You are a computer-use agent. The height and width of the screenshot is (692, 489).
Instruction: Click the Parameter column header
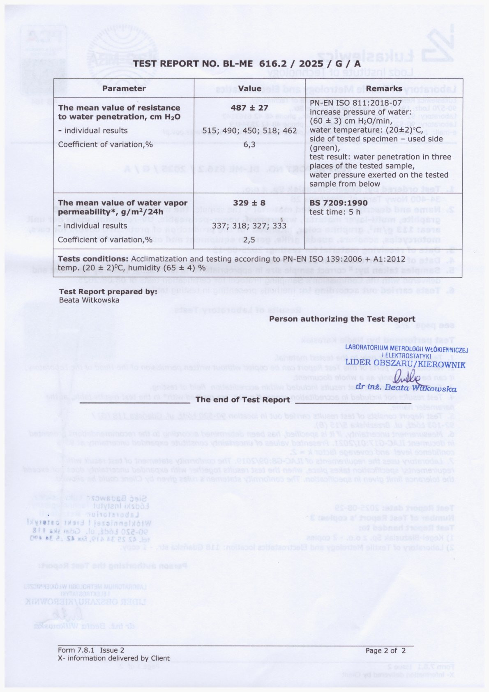tap(124, 88)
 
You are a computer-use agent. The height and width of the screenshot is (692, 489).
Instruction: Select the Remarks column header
tap(384, 88)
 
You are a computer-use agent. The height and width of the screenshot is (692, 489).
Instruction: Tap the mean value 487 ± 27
tap(249, 108)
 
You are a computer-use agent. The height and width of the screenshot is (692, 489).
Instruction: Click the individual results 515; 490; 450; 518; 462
tap(249, 131)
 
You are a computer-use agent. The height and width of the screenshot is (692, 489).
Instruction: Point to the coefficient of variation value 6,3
tap(249, 144)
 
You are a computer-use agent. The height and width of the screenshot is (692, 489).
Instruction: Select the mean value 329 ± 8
tap(249, 203)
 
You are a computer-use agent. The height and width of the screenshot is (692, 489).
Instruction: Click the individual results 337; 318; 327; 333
tap(249, 226)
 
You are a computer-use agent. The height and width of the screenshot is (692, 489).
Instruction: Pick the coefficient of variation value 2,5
tap(249, 240)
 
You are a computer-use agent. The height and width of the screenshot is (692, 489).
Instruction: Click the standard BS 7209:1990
tap(333, 203)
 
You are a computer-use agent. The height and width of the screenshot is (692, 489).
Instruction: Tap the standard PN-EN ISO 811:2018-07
tap(355, 103)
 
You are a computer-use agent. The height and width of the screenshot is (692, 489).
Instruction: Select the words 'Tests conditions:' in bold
tap(93, 259)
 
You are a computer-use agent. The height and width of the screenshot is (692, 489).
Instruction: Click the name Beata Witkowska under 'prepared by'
tap(89, 300)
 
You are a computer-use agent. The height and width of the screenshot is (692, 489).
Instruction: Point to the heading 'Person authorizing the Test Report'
tap(342, 319)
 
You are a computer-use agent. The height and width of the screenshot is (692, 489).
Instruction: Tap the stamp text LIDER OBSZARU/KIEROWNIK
tap(405, 363)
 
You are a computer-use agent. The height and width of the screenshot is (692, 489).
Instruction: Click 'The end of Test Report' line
tap(243, 399)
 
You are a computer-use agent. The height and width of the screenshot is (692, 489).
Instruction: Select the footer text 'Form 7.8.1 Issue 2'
tap(91, 650)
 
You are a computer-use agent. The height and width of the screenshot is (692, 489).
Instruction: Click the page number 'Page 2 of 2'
tap(385, 650)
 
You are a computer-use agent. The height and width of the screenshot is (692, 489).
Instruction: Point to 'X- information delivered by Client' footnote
tap(114, 658)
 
